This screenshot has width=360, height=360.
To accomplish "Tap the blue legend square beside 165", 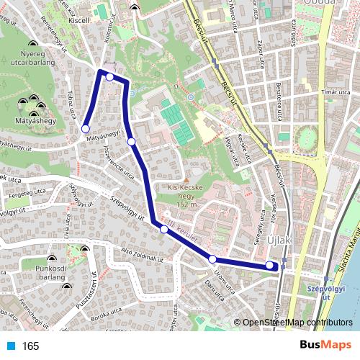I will pos(11,346).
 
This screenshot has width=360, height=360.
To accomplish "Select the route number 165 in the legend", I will pos(30,346).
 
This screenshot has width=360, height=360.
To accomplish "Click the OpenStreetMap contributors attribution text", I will pos(297,323).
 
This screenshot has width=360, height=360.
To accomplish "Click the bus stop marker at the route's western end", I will pos(86,129).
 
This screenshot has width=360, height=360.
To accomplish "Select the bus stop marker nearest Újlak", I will pos(270,265).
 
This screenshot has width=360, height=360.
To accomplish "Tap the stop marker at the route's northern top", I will pos(109,77).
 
